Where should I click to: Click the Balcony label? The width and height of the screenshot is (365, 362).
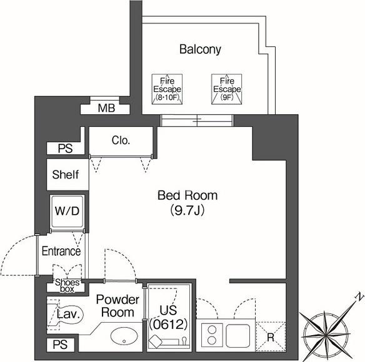tap(200, 49)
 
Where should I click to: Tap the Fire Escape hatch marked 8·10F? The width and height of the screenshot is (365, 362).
tap(167, 89)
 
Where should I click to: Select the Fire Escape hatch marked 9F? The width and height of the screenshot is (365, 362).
tap(227, 89)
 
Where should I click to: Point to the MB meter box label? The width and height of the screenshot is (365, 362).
tap(106, 108)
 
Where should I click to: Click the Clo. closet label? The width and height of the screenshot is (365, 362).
tap(121, 140)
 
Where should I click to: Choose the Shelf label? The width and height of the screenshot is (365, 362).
tap(66, 174)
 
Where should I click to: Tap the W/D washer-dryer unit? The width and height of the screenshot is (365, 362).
tap(67, 212)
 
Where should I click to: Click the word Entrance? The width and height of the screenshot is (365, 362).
tap(61, 251)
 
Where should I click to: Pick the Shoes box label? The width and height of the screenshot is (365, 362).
tap(67, 286)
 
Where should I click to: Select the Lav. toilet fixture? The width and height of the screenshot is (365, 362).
tap(65, 315)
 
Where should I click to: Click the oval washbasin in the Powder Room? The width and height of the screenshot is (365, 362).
tap(124, 336)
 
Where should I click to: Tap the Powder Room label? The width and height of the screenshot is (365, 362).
tap(117, 306)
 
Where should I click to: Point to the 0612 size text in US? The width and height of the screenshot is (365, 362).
tap(168, 325)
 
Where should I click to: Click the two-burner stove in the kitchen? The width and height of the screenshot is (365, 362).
tap(212, 335)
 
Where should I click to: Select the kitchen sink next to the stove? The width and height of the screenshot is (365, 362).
tap(238, 335)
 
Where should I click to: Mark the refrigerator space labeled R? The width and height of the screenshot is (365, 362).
tap(271, 336)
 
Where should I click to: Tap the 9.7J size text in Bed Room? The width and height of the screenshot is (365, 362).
tap(187, 210)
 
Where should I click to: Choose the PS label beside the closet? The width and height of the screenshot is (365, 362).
tap(65, 149)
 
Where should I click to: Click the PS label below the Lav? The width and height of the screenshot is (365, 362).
tap(60, 345)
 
